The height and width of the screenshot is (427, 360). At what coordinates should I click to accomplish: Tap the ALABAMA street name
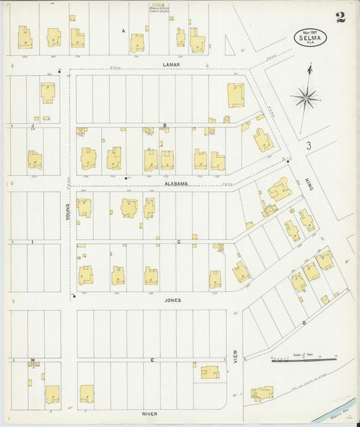coord(174,183)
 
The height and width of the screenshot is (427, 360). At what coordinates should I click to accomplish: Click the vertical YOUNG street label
coord(68,213)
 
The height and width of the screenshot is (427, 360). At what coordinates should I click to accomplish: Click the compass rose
coord(306,99)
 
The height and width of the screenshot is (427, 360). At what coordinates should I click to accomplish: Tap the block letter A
coord(124,31)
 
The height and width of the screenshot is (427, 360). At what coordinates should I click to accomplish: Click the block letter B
coord(165,125)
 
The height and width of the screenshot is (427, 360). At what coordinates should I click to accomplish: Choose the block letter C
coord(178,241)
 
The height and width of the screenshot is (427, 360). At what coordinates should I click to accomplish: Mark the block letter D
coord(304,323)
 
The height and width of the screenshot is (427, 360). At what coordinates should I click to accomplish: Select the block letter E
coord(152,360)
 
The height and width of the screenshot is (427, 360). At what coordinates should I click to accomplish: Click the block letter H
coord(32,360)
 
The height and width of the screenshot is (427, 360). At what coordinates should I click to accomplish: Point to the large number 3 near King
coord(307,145)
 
